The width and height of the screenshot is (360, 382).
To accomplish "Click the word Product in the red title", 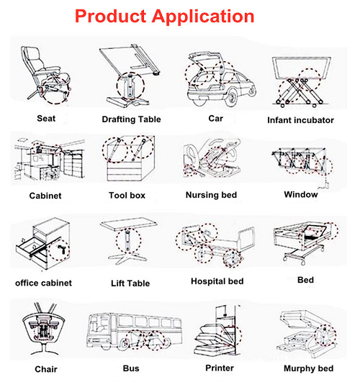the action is pyautogui.click(x=110, y=16).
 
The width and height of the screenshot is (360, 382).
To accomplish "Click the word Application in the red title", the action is pyautogui.click(x=203, y=17).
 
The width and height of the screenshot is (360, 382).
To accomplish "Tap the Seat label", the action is pyautogui.click(x=46, y=119).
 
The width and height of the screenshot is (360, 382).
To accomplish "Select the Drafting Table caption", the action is pyautogui.click(x=131, y=119).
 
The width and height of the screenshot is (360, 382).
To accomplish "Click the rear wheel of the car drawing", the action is pyautogui.click(x=231, y=96).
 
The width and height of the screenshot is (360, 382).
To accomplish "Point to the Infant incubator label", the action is pyautogui.click(x=300, y=120).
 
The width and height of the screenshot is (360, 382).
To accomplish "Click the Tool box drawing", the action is pyautogui.click(x=130, y=158).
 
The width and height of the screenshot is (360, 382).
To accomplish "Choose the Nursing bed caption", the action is pyautogui.click(x=211, y=195).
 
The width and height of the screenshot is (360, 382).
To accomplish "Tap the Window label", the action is pyautogui.click(x=301, y=194).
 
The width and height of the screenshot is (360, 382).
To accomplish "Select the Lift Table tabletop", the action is pyautogui.click(x=129, y=224).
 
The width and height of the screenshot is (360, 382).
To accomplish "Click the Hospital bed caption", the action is pyautogui.click(x=217, y=281).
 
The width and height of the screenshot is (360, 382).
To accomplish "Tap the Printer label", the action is pyautogui.click(x=220, y=368).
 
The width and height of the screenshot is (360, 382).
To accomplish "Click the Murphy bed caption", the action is pyautogui.click(x=308, y=368).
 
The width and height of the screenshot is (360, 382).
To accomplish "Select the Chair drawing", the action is pyautogui.click(x=43, y=329).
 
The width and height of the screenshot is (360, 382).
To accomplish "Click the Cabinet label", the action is pyautogui.click(x=45, y=196).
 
